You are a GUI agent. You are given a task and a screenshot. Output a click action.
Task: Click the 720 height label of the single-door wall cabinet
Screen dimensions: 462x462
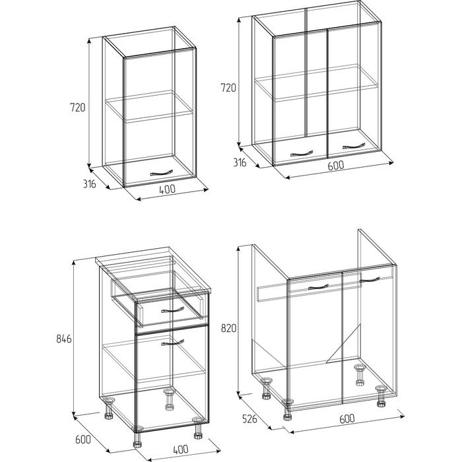click(x=77, y=107)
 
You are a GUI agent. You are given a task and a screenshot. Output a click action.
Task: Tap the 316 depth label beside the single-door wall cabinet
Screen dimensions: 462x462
click(x=89, y=184)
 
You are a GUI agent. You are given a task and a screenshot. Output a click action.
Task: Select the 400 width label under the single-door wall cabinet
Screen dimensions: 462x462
click(x=167, y=189)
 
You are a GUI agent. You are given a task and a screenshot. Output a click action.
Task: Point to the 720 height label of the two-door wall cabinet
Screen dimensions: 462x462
click(x=228, y=88)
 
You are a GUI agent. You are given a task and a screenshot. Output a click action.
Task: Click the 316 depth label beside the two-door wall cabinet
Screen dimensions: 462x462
click(x=240, y=162)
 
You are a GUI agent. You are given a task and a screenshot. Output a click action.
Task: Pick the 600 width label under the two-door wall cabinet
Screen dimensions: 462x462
click(x=336, y=165)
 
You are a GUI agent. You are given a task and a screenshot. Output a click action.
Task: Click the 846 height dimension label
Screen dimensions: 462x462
click(x=64, y=339)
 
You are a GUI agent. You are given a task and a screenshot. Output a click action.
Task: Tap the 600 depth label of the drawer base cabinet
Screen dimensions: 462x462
click(x=83, y=440)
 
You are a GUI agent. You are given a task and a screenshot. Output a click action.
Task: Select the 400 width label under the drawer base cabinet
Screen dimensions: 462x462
click(x=180, y=449)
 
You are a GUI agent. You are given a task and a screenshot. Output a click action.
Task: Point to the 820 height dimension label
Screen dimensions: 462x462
click(x=228, y=328)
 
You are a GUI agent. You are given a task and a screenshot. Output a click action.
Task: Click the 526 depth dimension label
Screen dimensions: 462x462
click(x=249, y=418)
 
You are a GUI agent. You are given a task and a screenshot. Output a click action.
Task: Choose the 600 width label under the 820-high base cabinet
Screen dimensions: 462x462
click(x=347, y=418)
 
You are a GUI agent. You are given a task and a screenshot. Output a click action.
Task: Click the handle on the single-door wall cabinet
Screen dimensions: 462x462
click(x=160, y=173)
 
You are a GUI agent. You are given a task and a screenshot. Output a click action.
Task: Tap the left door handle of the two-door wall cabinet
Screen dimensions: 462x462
click(x=302, y=154)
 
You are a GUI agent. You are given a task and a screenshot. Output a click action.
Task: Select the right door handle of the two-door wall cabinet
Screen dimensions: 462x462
click(x=354, y=146)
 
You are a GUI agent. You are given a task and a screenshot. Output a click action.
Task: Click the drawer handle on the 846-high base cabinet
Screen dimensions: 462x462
click(x=173, y=310)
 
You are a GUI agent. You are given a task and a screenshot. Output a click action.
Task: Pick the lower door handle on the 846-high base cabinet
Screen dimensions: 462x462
click(x=173, y=343)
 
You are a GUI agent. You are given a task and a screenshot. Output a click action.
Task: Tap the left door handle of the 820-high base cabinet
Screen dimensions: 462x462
click(x=318, y=287)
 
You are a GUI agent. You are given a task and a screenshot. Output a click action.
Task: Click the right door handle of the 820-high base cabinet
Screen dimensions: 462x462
click(x=370, y=279)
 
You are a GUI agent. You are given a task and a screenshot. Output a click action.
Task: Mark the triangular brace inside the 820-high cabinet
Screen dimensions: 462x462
click(x=343, y=344)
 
